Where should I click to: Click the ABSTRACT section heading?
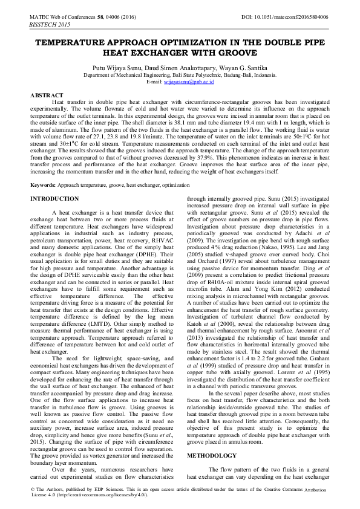[x=47, y=96]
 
